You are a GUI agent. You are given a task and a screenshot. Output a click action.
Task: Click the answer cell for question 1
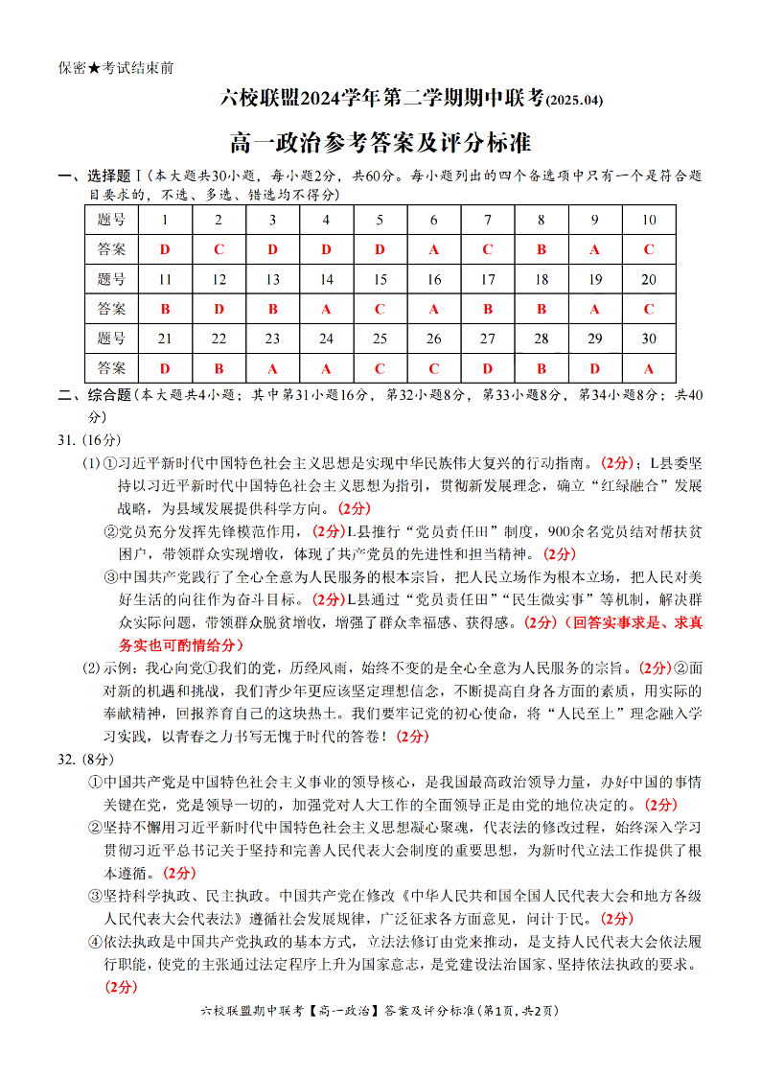point(165,249)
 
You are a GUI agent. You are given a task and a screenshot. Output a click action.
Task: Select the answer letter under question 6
point(433,249)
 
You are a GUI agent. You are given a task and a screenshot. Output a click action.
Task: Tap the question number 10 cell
point(649,220)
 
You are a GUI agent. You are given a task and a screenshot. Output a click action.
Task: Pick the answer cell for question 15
point(380,309)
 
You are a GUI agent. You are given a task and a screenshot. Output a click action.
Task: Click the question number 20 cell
point(649,279)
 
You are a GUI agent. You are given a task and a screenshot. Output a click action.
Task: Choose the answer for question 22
point(219,368)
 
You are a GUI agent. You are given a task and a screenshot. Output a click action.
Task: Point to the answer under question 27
point(487,368)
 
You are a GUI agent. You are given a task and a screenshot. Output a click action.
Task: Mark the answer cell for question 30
point(649,368)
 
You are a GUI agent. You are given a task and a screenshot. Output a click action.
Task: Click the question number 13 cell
point(272,279)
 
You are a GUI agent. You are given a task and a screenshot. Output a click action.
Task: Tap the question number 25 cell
point(380,339)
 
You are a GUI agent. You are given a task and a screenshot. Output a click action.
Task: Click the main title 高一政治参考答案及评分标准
point(380,144)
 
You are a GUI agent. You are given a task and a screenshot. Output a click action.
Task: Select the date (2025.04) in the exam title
point(575,100)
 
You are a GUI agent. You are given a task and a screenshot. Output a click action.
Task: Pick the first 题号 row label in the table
point(111,220)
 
